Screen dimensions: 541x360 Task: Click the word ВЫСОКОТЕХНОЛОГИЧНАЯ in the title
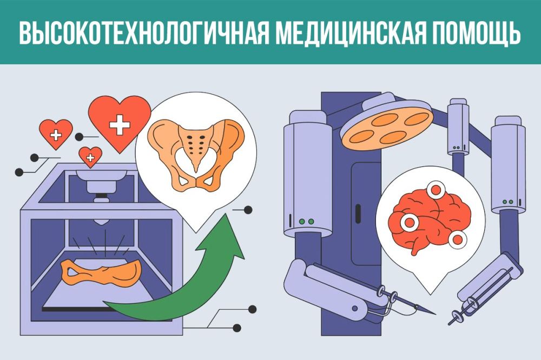click(143, 34)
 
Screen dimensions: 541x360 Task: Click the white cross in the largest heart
click(120, 124)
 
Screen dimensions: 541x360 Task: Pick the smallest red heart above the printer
click(90, 157)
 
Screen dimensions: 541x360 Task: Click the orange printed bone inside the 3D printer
click(102, 271)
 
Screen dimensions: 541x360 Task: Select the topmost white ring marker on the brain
click(435, 190)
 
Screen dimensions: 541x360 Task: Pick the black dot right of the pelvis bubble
click(248, 209)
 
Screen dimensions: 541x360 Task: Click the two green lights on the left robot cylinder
click(306, 222)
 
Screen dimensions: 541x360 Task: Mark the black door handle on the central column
click(358, 215)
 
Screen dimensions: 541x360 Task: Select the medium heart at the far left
click(56, 135)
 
